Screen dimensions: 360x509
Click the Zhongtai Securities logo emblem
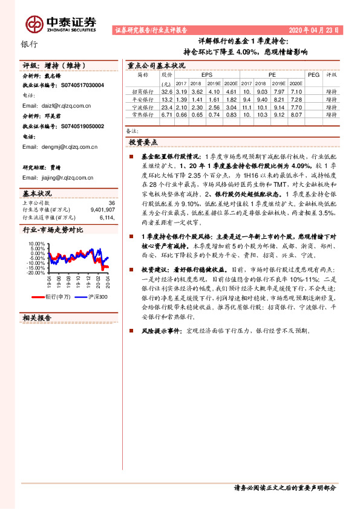pos(33,23)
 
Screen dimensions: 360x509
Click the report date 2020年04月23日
pos(318,29)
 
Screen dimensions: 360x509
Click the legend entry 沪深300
pos(97,297)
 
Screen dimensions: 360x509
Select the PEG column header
pos(313,74)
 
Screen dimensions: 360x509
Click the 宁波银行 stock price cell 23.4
pos(167,106)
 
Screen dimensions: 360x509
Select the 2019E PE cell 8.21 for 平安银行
pos(278,99)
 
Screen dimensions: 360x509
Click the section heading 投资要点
pos(143,141)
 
